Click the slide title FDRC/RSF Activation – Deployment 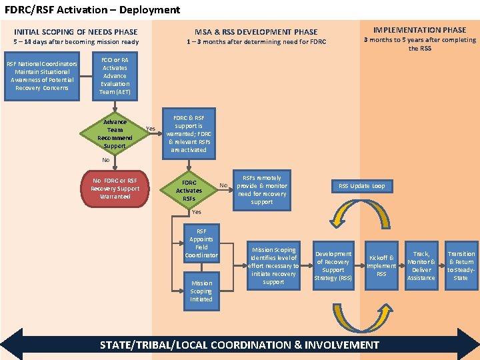pyautogui.click(x=93, y=10)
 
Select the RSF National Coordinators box pyautogui.click(x=42, y=76)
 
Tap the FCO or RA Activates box pyautogui.click(x=115, y=76)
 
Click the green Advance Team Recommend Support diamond pyautogui.click(x=115, y=133)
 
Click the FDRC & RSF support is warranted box pyautogui.click(x=189, y=133)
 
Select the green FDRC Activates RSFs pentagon pyautogui.click(x=189, y=191)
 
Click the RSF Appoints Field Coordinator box pyautogui.click(x=201, y=243)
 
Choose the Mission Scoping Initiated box pyautogui.click(x=201, y=291)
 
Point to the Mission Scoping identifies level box pyautogui.click(x=273, y=266)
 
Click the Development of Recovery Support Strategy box pyautogui.click(x=333, y=266)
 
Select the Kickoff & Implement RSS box pyautogui.click(x=381, y=266)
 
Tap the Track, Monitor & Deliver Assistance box pyautogui.click(x=421, y=266)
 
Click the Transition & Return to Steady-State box pyautogui.click(x=461, y=266)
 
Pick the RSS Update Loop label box pyautogui.click(x=362, y=186)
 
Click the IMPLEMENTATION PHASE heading pyautogui.click(x=419, y=30)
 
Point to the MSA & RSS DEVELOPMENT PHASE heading pyautogui.click(x=256, y=32)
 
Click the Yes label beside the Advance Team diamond pyautogui.click(x=151, y=129)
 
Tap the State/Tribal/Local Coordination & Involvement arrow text pyautogui.click(x=239, y=345)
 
